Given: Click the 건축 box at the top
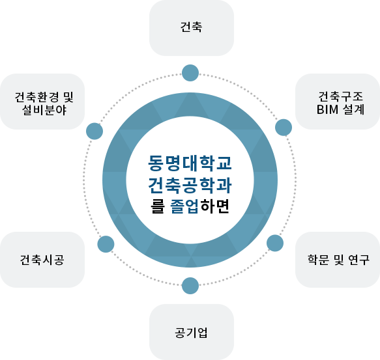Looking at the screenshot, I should point(191,28).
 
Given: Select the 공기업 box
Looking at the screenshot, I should point(191,332).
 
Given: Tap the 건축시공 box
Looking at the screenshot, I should point(42,260).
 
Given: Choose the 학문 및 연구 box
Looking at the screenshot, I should point(338,260).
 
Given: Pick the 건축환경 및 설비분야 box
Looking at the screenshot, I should point(42,102).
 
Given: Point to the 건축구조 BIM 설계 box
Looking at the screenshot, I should point(338,102).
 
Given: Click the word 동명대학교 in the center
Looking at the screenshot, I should point(190,161).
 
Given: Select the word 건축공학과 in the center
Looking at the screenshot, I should point(190,184).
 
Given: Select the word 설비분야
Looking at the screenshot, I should point(44,110).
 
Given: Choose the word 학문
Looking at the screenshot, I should point(319,260).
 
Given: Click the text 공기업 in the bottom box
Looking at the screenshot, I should point(191,333).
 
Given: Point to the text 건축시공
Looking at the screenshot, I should point(42,260).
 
